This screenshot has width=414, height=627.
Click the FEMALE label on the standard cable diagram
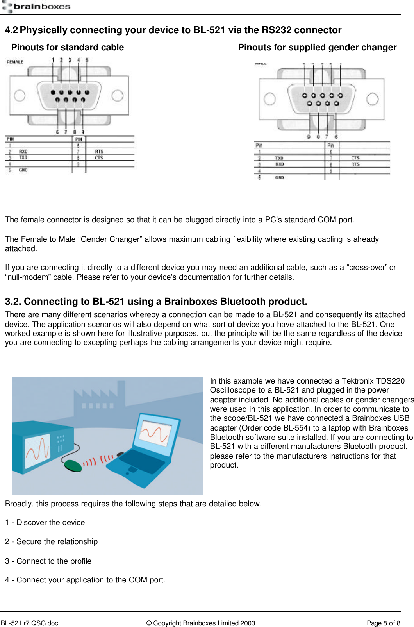click(15, 62)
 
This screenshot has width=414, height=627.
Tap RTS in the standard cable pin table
click(99, 152)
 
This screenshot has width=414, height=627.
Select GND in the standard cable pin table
click(23, 170)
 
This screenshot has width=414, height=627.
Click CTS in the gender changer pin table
click(355, 158)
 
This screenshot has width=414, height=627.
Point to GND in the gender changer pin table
click(279, 177)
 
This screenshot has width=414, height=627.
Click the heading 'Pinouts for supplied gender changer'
click(317, 48)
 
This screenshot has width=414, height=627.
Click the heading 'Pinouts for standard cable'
click(67, 48)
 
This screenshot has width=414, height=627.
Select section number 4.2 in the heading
click(11, 30)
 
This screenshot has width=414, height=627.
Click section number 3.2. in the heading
click(13, 302)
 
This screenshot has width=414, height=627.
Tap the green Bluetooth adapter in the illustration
click(73, 465)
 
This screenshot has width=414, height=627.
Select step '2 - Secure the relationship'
click(51, 542)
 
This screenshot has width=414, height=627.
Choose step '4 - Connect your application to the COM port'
click(85, 580)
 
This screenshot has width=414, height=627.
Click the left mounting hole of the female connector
click(20, 95)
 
